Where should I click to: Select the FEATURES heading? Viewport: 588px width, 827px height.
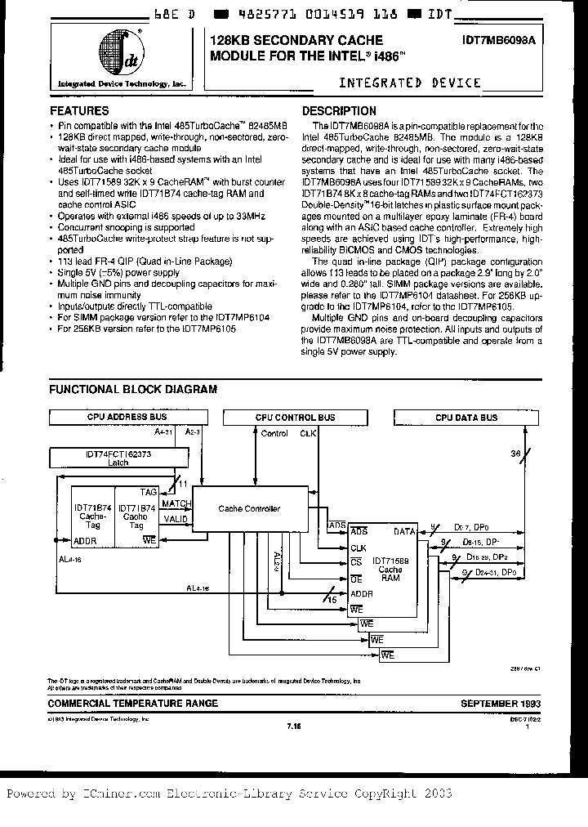coord(79,110)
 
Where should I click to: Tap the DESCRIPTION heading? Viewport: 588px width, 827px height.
coord(339,110)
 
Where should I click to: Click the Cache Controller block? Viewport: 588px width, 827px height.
coord(249,508)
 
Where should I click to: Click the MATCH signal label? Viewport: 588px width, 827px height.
coord(176,503)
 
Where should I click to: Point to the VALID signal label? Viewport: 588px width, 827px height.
coord(175,518)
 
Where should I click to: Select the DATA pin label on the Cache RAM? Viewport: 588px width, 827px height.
coord(405,532)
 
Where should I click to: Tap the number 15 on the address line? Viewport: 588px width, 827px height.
coord(332,600)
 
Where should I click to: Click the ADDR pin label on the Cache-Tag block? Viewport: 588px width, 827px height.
coord(85,541)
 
